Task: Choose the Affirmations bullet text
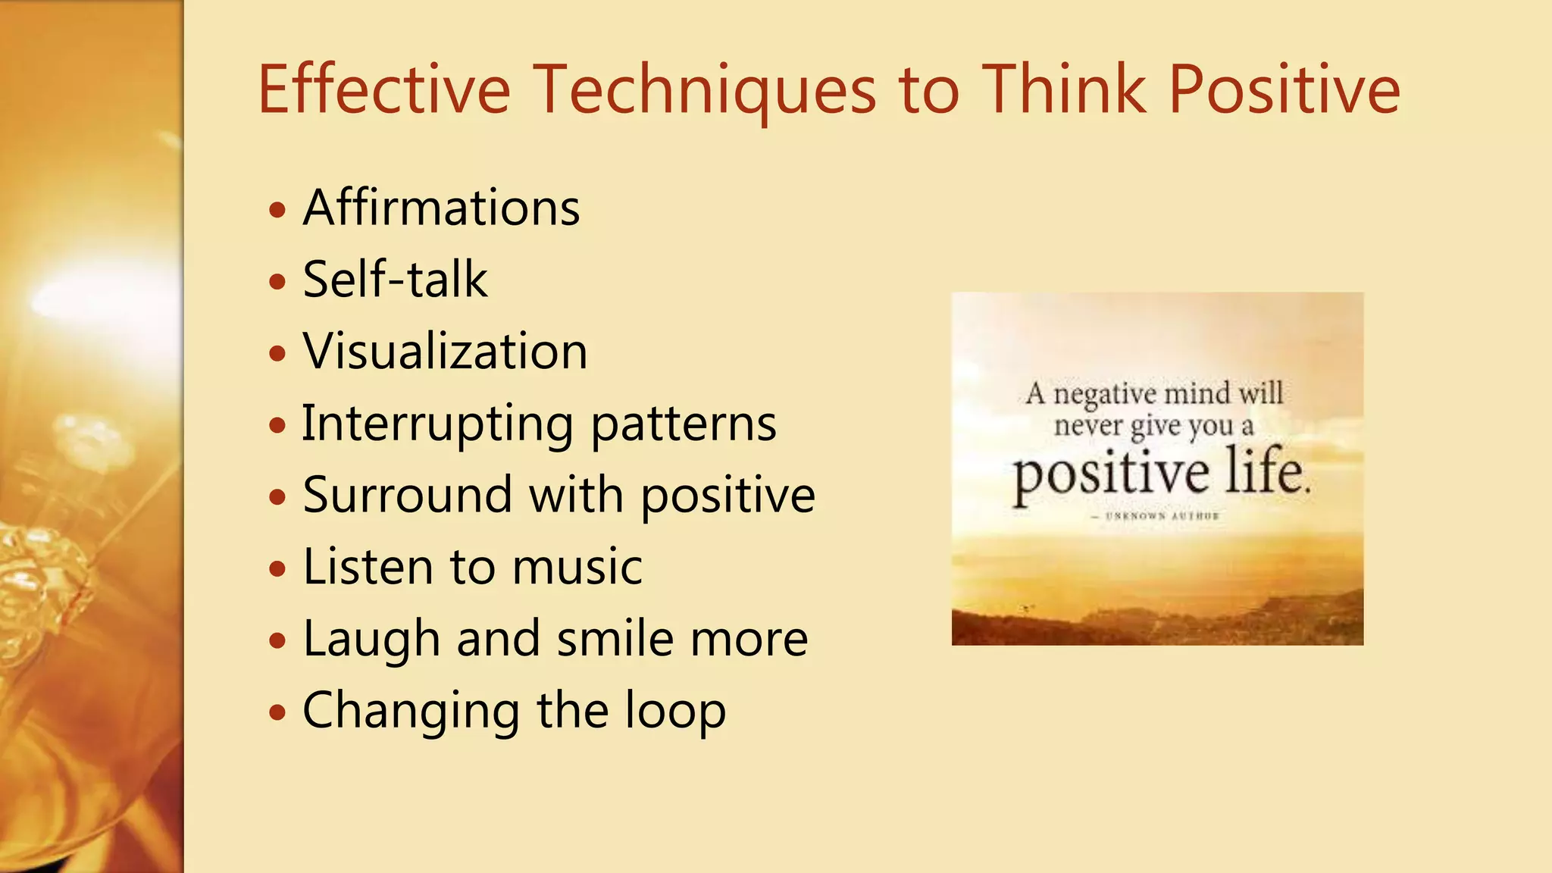(x=442, y=208)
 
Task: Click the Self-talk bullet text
(x=395, y=279)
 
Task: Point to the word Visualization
(x=446, y=351)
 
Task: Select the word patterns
(x=684, y=424)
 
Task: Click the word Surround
(x=408, y=495)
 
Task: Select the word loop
(x=675, y=711)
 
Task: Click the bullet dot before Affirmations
(x=278, y=210)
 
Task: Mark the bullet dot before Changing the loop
(x=278, y=712)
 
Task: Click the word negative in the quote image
(x=1105, y=395)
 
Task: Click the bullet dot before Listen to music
(x=278, y=568)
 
